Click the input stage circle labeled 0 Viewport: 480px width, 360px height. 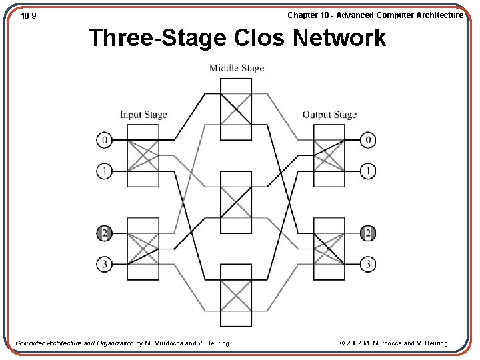(x=104, y=140)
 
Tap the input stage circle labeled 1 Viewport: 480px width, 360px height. (x=104, y=171)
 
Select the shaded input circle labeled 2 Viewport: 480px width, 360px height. (x=104, y=233)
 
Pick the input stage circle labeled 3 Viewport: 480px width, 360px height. (x=104, y=265)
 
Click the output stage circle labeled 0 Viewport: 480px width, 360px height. (x=368, y=140)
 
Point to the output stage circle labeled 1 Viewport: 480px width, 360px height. (x=368, y=171)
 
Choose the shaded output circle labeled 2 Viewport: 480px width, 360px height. (x=368, y=233)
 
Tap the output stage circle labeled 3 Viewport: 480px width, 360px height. (x=368, y=265)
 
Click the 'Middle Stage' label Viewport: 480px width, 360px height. (x=237, y=68)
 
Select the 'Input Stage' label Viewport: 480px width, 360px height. (x=143, y=115)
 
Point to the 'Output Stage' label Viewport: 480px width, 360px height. (x=329, y=115)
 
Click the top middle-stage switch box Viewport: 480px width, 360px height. (x=237, y=109)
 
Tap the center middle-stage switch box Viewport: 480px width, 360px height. (x=237, y=202)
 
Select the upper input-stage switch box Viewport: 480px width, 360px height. (x=143, y=155)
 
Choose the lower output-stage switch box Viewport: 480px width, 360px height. (x=329, y=249)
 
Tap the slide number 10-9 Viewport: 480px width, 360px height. (x=28, y=15)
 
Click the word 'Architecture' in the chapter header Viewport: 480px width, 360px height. (x=438, y=15)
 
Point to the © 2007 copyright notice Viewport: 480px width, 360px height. (x=393, y=343)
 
